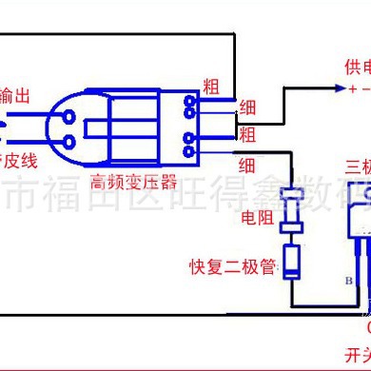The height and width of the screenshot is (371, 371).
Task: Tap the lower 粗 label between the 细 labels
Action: coord(246,133)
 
